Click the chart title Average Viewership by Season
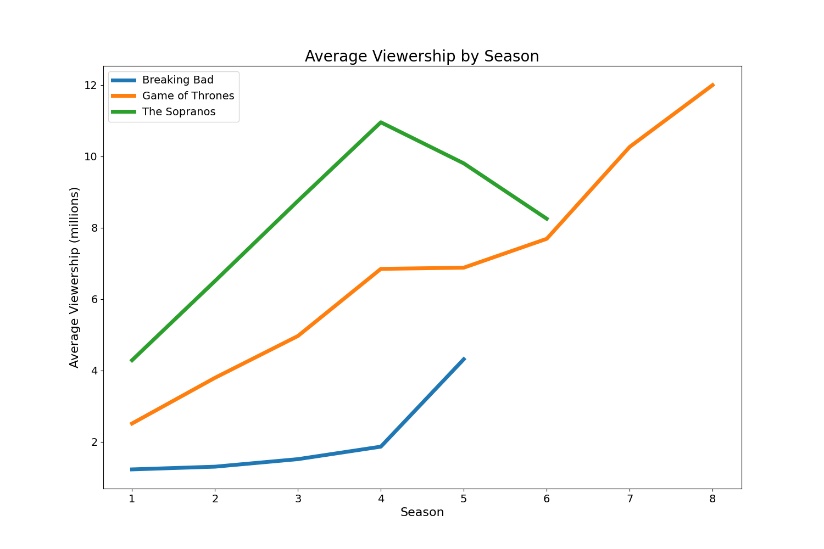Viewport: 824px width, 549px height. pos(422,57)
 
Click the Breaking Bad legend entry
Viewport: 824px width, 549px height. pos(177,80)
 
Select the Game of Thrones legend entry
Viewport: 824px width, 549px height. pos(188,96)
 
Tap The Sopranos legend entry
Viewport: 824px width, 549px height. pos(179,112)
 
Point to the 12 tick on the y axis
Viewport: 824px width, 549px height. pos(90,85)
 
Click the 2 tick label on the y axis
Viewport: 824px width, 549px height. pos(93,442)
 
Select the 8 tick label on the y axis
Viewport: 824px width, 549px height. pos(93,228)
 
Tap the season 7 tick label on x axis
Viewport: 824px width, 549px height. pos(630,498)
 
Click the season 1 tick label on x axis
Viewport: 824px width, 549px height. pos(131,498)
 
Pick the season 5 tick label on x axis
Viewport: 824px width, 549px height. pos(464,498)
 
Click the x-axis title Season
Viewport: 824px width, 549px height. pos(422,513)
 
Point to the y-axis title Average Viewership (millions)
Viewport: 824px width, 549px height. pos(75,277)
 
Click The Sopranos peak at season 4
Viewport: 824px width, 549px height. pos(381,122)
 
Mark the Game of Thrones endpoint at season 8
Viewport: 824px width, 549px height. pos(712,85)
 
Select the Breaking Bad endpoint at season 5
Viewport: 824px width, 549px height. pos(464,359)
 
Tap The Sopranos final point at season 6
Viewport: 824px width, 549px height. pos(547,219)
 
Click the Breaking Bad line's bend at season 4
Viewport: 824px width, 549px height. pos(381,446)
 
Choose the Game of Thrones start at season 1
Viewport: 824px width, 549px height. pos(132,424)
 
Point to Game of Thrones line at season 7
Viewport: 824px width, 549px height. pos(630,147)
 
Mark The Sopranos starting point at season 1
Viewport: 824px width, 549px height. pos(132,360)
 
